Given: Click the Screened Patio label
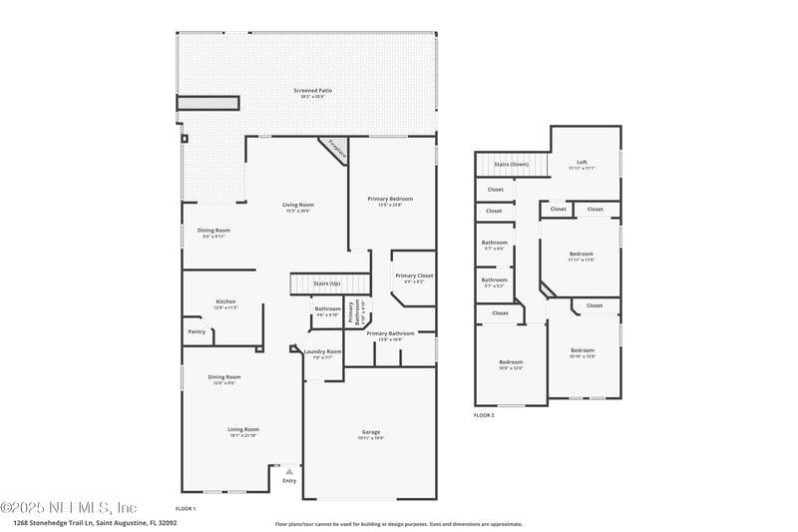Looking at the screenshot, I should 312,91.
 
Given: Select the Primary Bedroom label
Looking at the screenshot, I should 389,199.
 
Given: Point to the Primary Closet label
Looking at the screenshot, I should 413,275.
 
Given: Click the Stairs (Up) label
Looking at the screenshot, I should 327,283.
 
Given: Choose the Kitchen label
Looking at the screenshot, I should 225,301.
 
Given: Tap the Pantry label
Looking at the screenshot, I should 196,331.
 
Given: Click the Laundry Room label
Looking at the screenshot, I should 322,351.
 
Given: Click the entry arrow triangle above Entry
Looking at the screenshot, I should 289,471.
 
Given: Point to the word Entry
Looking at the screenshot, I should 289,481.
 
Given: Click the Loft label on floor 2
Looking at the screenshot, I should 582,162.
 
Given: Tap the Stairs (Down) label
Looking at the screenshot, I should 511,164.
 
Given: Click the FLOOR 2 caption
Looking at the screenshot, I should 485,414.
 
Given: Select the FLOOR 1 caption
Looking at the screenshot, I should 186,508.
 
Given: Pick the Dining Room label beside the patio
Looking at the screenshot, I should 214,231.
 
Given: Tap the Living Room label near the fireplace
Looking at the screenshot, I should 298,205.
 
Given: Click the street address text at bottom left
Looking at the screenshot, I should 95,522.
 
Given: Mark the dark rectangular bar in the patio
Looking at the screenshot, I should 208,103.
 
